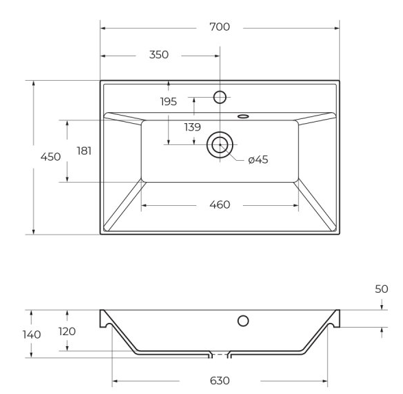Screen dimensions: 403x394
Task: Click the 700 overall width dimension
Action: coord(220,27)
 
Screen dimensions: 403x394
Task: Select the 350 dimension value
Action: coord(159,55)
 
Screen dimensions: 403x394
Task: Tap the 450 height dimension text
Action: coord(51,157)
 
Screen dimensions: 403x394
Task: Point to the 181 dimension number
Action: coord(84,151)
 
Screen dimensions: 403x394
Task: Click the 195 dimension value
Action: coord(168,101)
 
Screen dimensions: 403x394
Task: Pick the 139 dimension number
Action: coord(192,127)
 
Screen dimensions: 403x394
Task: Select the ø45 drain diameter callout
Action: coord(258,159)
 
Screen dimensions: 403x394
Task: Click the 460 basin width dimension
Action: coord(220,205)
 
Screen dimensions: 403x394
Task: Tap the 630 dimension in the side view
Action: coord(220,380)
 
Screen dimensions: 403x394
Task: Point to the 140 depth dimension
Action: coord(31,334)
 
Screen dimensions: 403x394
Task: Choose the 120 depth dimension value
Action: coord(67,332)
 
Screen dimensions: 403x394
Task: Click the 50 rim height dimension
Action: coord(381,289)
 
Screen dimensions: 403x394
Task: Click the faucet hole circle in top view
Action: coord(220,97)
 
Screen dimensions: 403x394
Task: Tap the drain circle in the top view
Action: coord(220,145)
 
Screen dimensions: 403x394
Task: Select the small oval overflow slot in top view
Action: coord(243,116)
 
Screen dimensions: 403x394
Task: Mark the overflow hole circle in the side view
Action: coord(243,321)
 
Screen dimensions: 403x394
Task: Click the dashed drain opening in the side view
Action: coord(220,355)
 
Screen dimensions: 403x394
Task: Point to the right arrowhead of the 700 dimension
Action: coord(337,28)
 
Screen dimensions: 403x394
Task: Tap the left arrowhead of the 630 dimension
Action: coord(115,381)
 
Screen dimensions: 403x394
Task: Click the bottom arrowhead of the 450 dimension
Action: coord(34,232)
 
